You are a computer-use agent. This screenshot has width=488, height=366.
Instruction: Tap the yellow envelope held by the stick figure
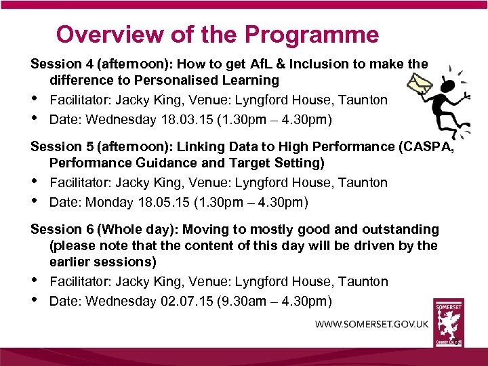420,84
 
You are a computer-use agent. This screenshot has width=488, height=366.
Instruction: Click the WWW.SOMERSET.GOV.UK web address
371,324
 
